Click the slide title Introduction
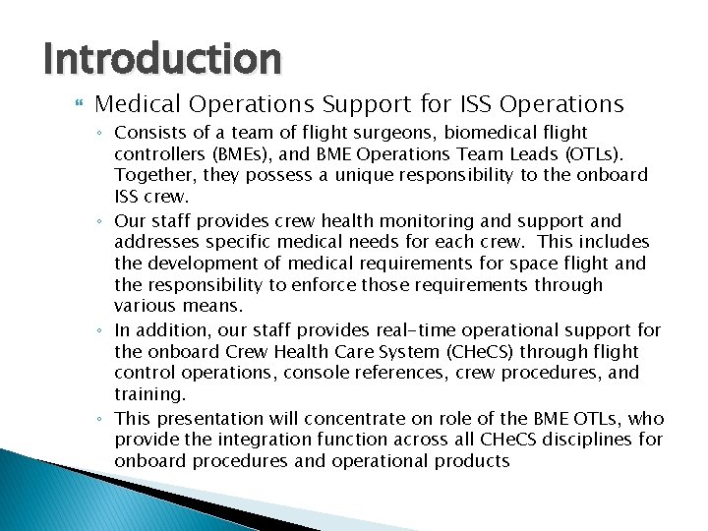click(162, 60)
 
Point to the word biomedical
click(445, 132)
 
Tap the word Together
click(151, 175)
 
